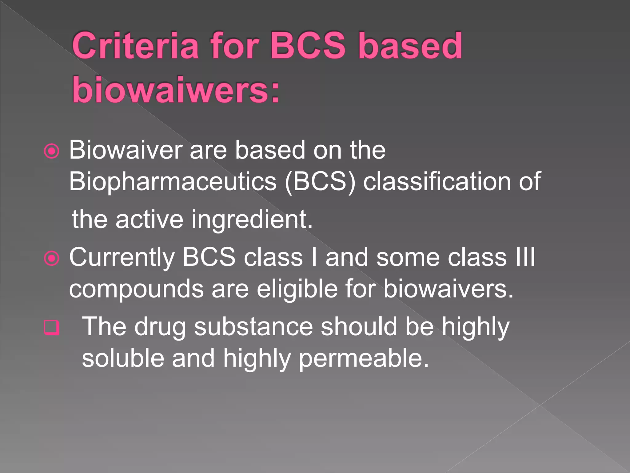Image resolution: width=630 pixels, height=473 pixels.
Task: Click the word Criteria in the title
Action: [x=135, y=46]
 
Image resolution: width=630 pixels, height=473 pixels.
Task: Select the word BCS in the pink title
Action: [x=308, y=46]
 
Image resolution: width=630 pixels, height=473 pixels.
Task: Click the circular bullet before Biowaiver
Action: [x=52, y=151]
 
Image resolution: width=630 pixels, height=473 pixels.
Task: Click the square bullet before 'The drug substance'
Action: [x=52, y=327]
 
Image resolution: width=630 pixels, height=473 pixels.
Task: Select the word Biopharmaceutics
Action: [x=173, y=182]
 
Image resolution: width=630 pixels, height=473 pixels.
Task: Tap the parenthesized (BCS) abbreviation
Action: [x=320, y=182]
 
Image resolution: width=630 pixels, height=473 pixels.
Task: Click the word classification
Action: [x=437, y=182]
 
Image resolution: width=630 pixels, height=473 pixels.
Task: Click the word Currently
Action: [x=122, y=257]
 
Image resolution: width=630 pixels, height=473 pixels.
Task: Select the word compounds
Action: [x=136, y=289]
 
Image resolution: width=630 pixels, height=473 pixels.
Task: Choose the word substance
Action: [x=253, y=327]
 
